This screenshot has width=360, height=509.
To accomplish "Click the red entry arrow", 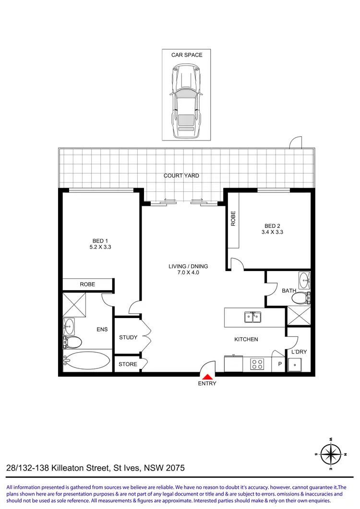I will tap(207, 377).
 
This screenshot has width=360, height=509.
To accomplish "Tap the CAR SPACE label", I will tap(187, 55).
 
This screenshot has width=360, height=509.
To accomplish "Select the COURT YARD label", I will tap(181, 176).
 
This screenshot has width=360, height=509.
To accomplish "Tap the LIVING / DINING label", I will tap(188, 266).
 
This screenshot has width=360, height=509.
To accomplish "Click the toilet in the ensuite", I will tap(72, 342).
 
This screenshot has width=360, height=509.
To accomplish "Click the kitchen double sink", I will tap(252, 317).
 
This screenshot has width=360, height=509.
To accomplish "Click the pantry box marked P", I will tap(278, 364).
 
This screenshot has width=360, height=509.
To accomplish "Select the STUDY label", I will tap(128, 337).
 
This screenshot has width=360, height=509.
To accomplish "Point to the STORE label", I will tap(128, 364).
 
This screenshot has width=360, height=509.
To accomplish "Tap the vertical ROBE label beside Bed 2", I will tap(233, 219).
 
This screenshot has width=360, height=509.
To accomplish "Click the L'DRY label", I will tap(299, 352).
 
